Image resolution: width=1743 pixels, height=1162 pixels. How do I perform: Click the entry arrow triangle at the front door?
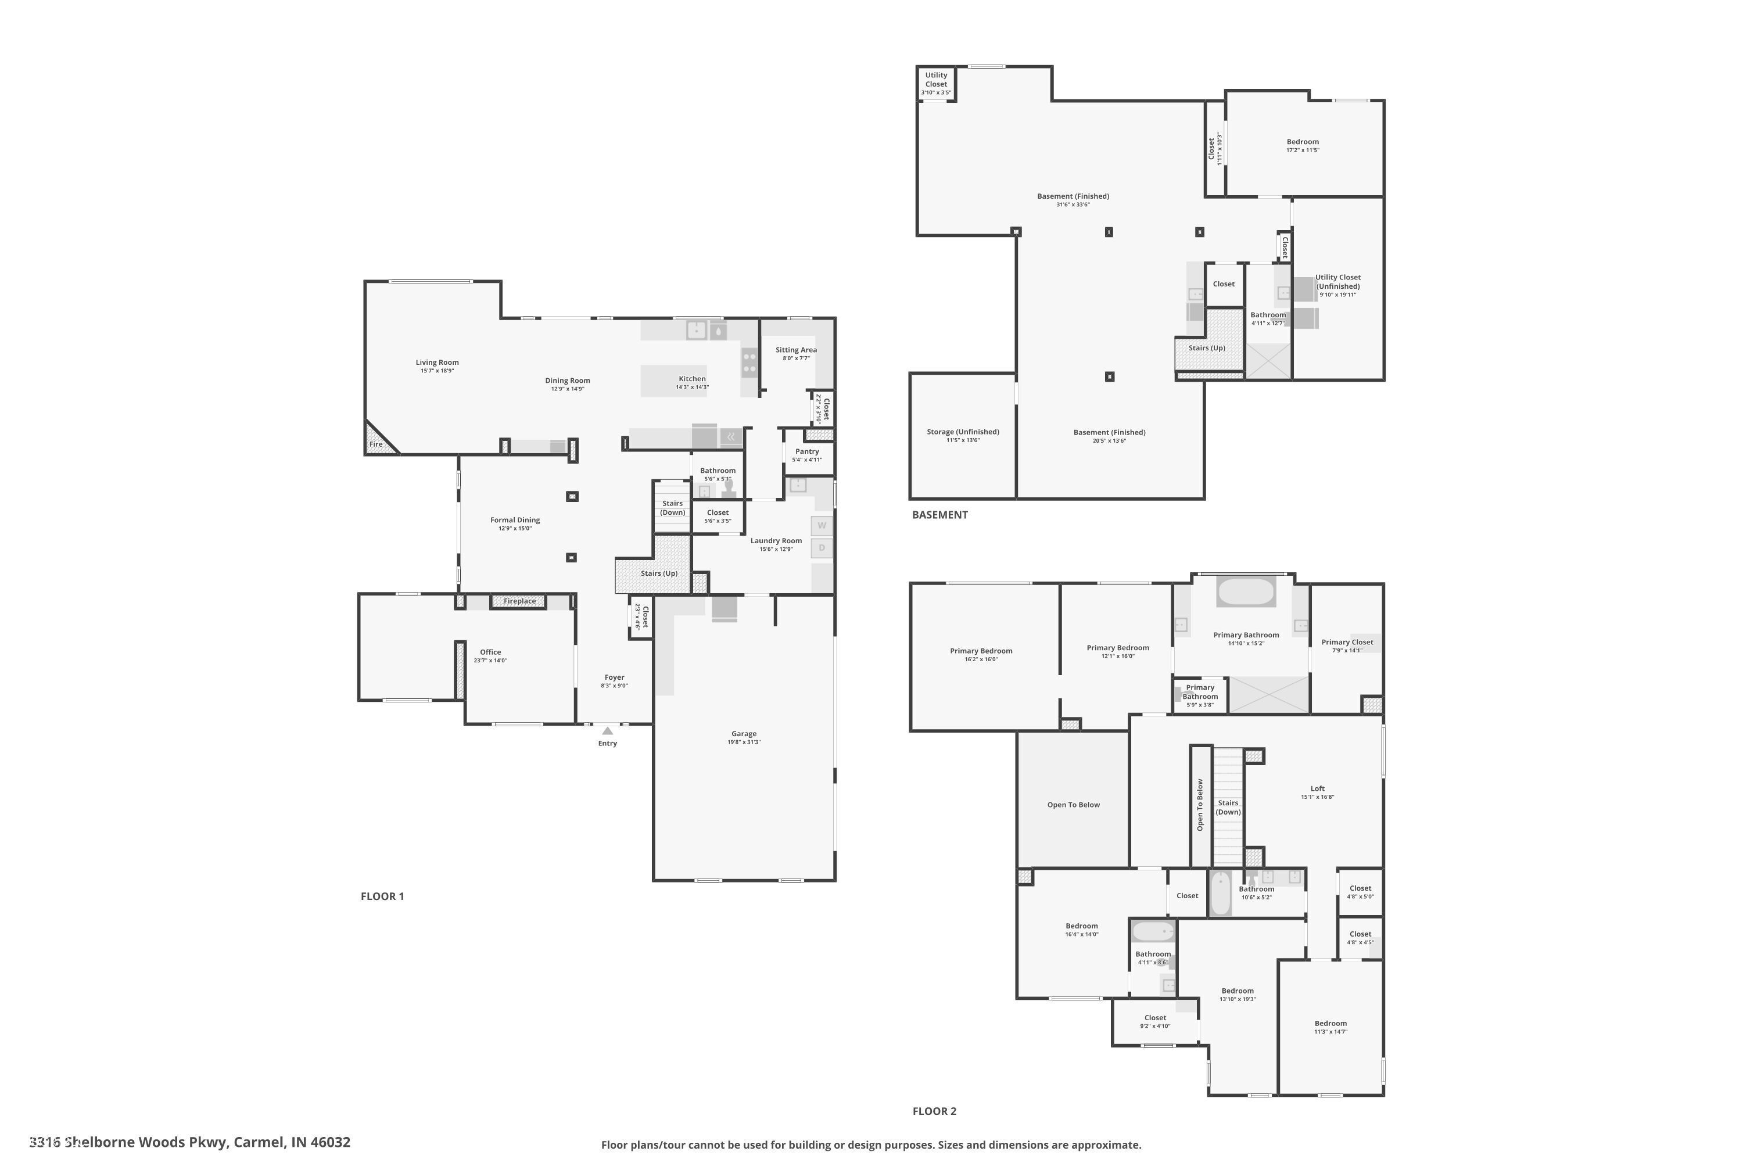pos(608,731)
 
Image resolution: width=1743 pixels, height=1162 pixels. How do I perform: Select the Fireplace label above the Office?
pos(519,601)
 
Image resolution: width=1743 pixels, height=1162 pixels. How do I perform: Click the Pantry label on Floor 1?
pos(807,451)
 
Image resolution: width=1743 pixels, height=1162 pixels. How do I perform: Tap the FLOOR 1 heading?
pos(382,896)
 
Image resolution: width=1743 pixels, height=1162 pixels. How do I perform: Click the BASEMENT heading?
pos(939,514)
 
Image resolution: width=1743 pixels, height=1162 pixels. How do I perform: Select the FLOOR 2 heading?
pos(934,1111)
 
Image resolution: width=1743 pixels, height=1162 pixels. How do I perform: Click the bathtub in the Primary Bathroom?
pos(1246,592)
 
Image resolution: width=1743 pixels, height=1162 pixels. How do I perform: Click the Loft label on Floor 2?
pos(1317,788)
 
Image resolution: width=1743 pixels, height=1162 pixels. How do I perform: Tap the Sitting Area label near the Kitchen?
pos(796,350)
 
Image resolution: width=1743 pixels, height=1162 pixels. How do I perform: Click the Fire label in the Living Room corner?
pos(376,444)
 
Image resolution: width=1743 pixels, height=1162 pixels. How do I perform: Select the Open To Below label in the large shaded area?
pos(1073,805)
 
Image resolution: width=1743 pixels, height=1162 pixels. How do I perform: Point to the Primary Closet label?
pos(1347,643)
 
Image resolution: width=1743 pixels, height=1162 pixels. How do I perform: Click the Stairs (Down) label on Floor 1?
pos(672,508)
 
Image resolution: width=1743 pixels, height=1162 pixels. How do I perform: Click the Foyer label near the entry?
pos(614,677)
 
